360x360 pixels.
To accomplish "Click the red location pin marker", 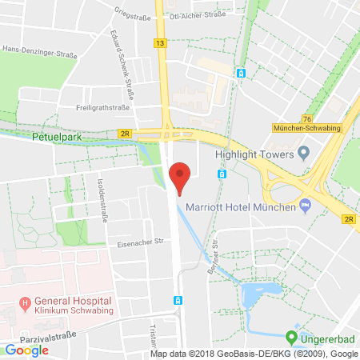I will point(180,175).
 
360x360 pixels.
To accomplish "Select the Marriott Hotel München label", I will point(240,207).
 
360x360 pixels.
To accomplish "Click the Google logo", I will point(26,350).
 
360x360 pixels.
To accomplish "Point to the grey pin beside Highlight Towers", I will point(302,152).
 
